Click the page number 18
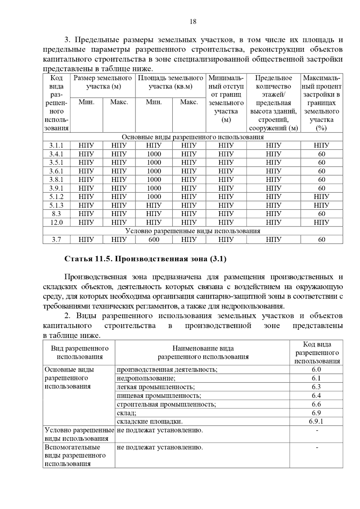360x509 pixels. (193, 22)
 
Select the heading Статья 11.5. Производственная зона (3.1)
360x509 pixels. (145, 259)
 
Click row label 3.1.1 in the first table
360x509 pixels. (56, 146)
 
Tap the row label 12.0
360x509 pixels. (56, 222)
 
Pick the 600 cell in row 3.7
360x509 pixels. (154, 240)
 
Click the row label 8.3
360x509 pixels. (56, 214)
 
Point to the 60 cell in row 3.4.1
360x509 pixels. (322, 154)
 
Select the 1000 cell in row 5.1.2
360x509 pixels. (154, 197)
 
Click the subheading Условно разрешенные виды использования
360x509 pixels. (193, 231)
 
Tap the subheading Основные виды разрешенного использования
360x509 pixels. (193, 137)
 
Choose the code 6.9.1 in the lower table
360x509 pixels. (316, 421)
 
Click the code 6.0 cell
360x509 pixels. (316, 370)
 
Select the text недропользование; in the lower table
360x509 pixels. (146, 378)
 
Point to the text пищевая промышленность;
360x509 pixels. (159, 396)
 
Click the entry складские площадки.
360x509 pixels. (149, 421)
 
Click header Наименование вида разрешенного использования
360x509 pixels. (203, 353)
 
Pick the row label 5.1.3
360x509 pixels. (56, 205)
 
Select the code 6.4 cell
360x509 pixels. (316, 396)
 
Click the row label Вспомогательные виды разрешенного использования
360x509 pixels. (75, 456)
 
